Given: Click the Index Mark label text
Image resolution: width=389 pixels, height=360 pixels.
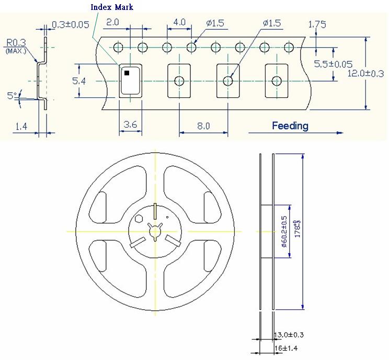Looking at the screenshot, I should coord(112,7).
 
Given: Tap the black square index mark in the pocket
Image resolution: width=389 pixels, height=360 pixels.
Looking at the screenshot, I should coord(127,73).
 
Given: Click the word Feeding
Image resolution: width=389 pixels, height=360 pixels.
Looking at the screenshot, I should coord(290,126).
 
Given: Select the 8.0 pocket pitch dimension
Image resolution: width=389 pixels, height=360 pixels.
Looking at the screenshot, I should coord(203,126).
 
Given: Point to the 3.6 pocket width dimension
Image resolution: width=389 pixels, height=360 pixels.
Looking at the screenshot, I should coord(130,125).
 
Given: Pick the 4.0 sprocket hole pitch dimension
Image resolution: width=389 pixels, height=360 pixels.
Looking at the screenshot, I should coord(179,22).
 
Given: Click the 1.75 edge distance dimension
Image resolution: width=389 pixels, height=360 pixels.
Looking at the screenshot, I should coord(317,24).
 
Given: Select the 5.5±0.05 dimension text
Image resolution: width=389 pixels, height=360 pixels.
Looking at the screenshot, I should coord(333,64).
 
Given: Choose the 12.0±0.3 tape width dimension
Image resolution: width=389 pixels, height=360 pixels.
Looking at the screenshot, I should coord(365,74).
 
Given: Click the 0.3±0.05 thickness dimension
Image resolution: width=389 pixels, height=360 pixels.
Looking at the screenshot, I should coord(70,25).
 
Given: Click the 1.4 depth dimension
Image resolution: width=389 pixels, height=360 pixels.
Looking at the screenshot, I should coord(21,126).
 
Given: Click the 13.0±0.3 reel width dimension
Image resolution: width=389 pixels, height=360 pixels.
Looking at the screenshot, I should coord(289,335).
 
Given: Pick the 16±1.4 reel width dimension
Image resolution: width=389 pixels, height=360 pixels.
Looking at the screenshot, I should coord(287,347).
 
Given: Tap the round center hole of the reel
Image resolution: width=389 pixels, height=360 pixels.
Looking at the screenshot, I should coord(156,231).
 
